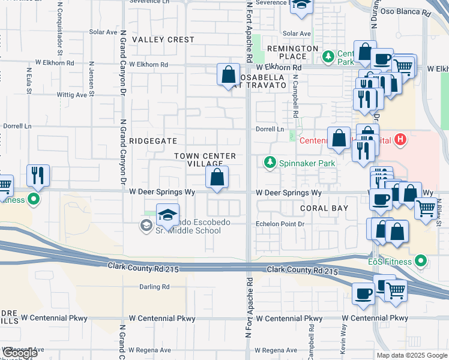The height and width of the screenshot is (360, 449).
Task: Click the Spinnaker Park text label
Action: point(301,163)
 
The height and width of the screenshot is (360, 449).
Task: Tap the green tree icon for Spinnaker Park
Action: point(270,163)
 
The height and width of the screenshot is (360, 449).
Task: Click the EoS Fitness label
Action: point(390,262)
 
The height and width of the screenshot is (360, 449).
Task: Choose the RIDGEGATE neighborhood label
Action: point(154,141)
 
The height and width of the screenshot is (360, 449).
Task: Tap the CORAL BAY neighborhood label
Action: point(324,208)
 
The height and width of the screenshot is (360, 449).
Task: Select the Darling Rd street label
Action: point(154,287)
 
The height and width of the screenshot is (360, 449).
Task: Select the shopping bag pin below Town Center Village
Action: point(217,177)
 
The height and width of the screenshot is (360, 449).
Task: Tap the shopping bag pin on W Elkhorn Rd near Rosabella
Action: point(228,76)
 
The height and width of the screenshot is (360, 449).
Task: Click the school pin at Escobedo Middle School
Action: point(168,214)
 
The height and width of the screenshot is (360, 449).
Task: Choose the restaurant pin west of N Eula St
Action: point(37,175)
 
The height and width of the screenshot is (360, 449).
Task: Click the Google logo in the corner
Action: point(20,353)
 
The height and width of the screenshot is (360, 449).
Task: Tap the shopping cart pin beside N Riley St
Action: point(426,209)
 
